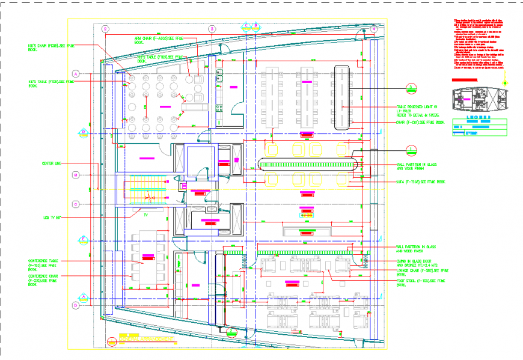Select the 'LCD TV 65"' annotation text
(x=53, y=218)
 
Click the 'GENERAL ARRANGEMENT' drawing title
(x=147, y=340)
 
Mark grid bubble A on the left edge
(x=76, y=74)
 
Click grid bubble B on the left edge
(x=76, y=175)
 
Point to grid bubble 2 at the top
(x=106, y=28)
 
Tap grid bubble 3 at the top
(x=212, y=28)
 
